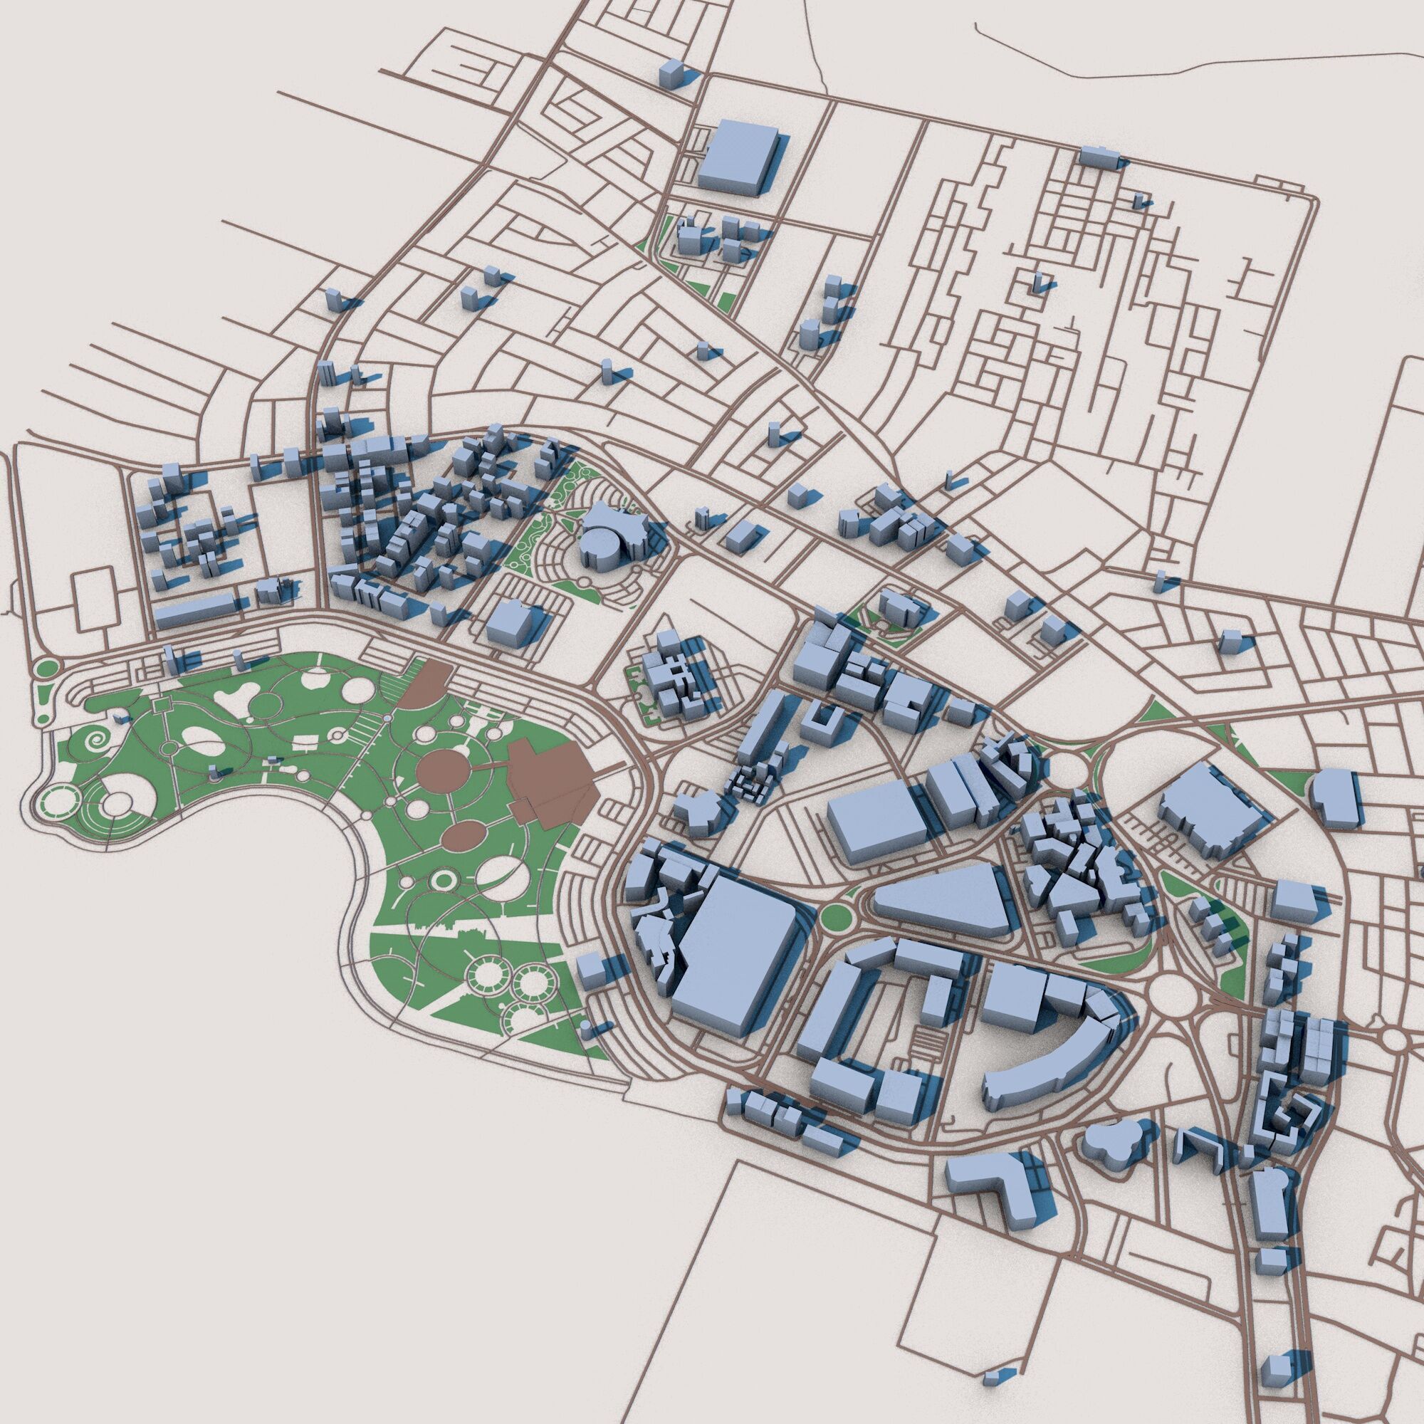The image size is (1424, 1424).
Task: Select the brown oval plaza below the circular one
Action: [462, 837]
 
